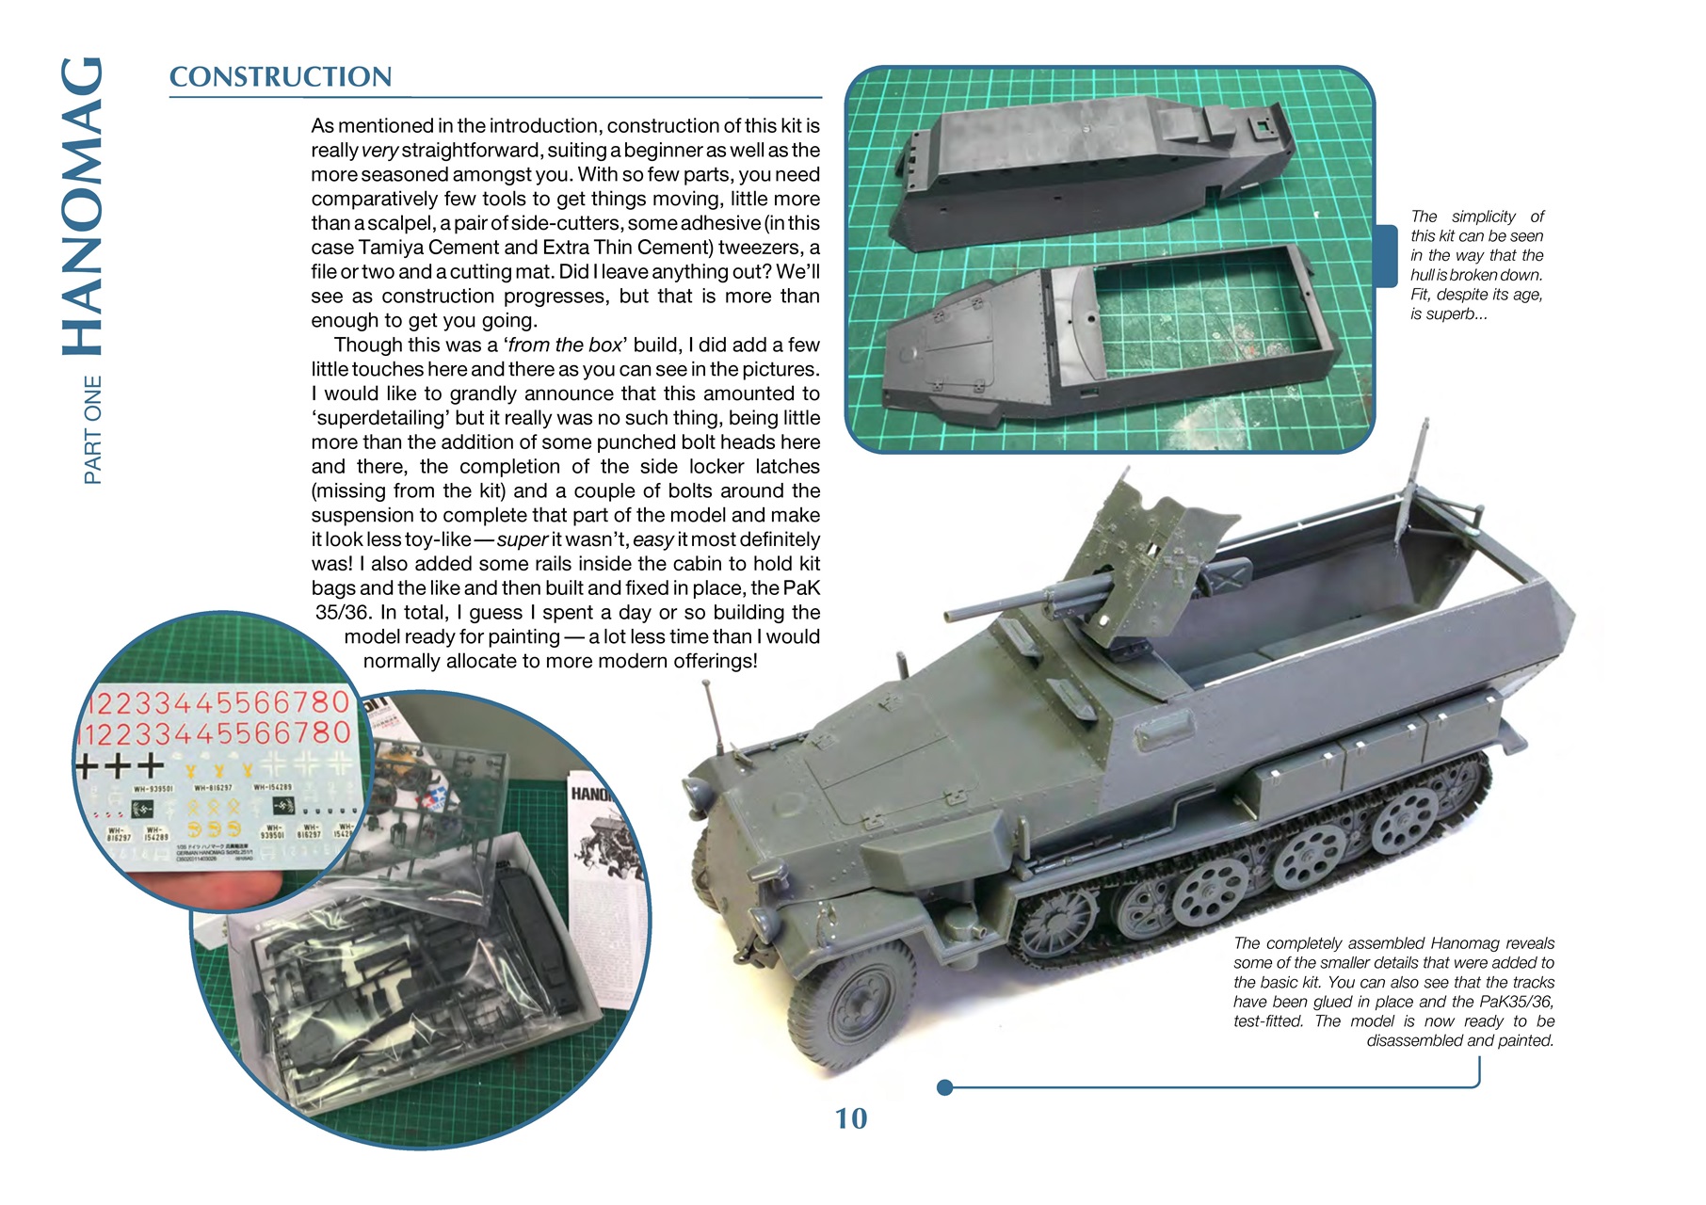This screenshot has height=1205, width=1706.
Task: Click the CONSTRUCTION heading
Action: (280, 77)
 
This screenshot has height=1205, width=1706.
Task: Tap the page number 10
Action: (850, 1118)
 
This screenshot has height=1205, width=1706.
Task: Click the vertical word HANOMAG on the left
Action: (83, 207)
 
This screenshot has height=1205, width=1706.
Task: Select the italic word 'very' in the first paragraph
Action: (379, 151)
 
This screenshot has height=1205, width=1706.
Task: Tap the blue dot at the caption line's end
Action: (944, 1088)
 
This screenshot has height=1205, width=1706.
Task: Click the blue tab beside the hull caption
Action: (1386, 255)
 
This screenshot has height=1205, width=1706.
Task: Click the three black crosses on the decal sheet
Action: (121, 764)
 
